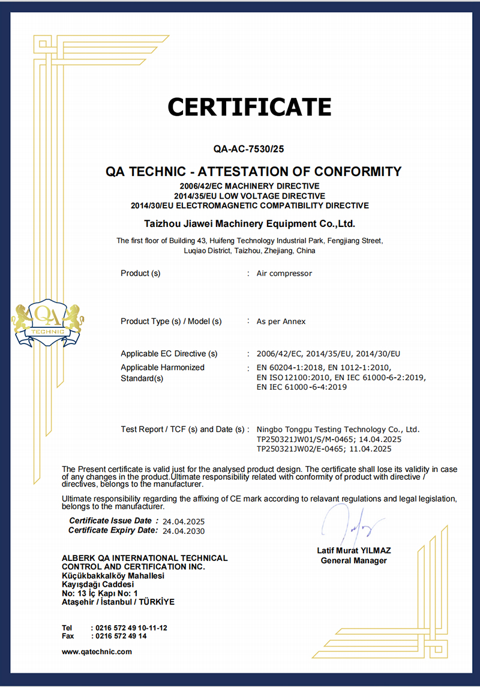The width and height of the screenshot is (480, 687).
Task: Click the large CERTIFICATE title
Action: pyautogui.click(x=249, y=107)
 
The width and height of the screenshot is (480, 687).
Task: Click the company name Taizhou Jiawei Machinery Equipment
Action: pyautogui.click(x=250, y=224)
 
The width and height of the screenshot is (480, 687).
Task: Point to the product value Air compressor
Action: pyautogui.click(x=284, y=273)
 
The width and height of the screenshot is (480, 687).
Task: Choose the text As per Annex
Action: pyautogui.click(x=281, y=321)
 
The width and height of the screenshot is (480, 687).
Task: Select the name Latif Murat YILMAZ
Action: pyautogui.click(x=354, y=550)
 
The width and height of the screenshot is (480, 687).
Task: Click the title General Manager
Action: pyautogui.click(x=354, y=560)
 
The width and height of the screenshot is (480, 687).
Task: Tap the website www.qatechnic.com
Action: pyautogui.click(x=97, y=652)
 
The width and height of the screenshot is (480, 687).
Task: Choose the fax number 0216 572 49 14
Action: pyautogui.click(x=121, y=636)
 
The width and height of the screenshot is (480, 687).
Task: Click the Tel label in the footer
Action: pyautogui.click(x=67, y=628)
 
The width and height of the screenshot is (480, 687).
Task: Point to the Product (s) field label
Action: pyautogui.click(x=140, y=273)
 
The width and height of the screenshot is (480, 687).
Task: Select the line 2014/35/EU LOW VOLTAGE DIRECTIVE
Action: pyautogui.click(x=250, y=196)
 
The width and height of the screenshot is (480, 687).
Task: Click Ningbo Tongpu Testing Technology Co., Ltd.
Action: pyautogui.click(x=338, y=429)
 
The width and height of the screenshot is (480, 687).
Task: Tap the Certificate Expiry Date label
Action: pyautogui.click(x=113, y=530)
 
